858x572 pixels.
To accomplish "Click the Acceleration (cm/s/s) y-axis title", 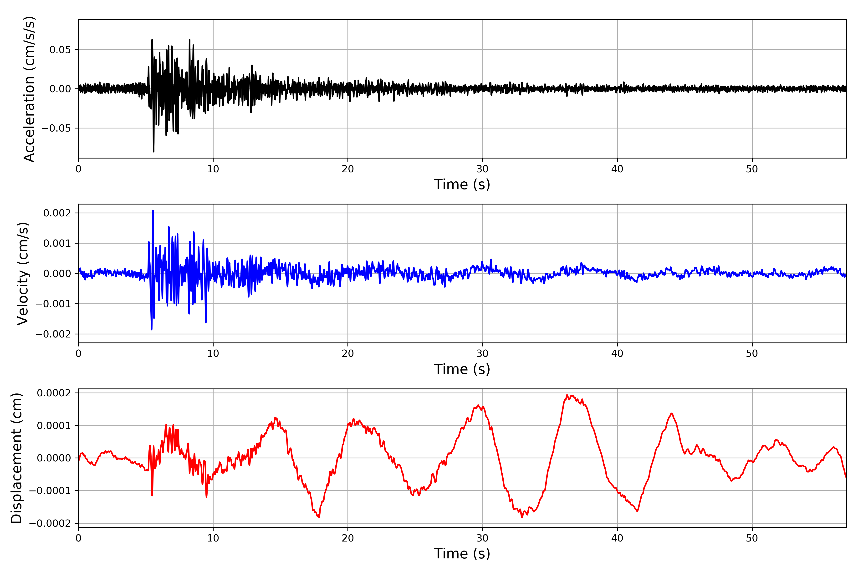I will (29, 89).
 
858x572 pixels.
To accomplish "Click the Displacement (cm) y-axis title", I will (16, 458).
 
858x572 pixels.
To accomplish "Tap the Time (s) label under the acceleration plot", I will (462, 184).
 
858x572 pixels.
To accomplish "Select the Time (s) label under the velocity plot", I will (462, 369).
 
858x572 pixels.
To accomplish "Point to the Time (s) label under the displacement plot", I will (462, 554).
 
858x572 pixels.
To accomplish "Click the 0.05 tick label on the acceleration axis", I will (60, 50).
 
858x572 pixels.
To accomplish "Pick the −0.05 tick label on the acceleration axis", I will (56, 128).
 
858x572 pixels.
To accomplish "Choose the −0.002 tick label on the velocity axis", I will (53, 334).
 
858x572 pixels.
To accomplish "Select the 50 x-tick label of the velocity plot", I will (752, 353).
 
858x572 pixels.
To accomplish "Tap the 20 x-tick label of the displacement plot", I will (348, 538).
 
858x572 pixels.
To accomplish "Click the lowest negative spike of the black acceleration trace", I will (153, 151).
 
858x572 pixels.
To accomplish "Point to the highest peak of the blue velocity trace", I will (153, 210).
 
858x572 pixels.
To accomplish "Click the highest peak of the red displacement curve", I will (567, 395).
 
